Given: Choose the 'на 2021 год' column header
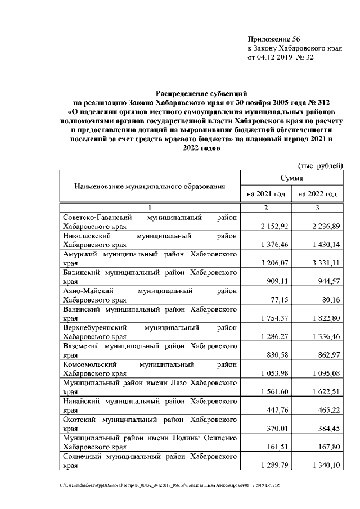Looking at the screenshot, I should tap(266, 194).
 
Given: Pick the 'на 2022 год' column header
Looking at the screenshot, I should tap(318, 194).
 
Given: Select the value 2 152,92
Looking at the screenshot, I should tap(274, 226).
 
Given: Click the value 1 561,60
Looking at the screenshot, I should tap(274, 391).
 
